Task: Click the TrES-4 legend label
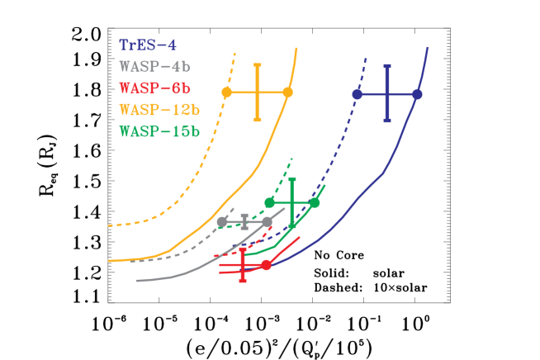(x=148, y=45)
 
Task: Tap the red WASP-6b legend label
(x=155, y=88)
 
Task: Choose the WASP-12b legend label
(x=159, y=110)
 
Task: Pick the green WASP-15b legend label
(x=159, y=131)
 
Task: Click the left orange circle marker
(x=227, y=92)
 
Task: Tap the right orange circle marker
(x=287, y=92)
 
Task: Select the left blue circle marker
(x=357, y=94)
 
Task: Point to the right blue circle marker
(x=417, y=94)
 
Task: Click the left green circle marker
(x=269, y=202)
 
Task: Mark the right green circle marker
(x=315, y=202)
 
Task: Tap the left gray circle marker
(x=221, y=221)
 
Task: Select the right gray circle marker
(x=268, y=221)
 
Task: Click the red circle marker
(x=266, y=265)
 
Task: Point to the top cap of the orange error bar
(x=258, y=64)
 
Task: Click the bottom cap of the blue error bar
(x=386, y=121)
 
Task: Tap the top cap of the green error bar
(x=292, y=178)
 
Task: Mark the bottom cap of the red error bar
(x=243, y=281)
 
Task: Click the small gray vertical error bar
(x=244, y=221)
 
